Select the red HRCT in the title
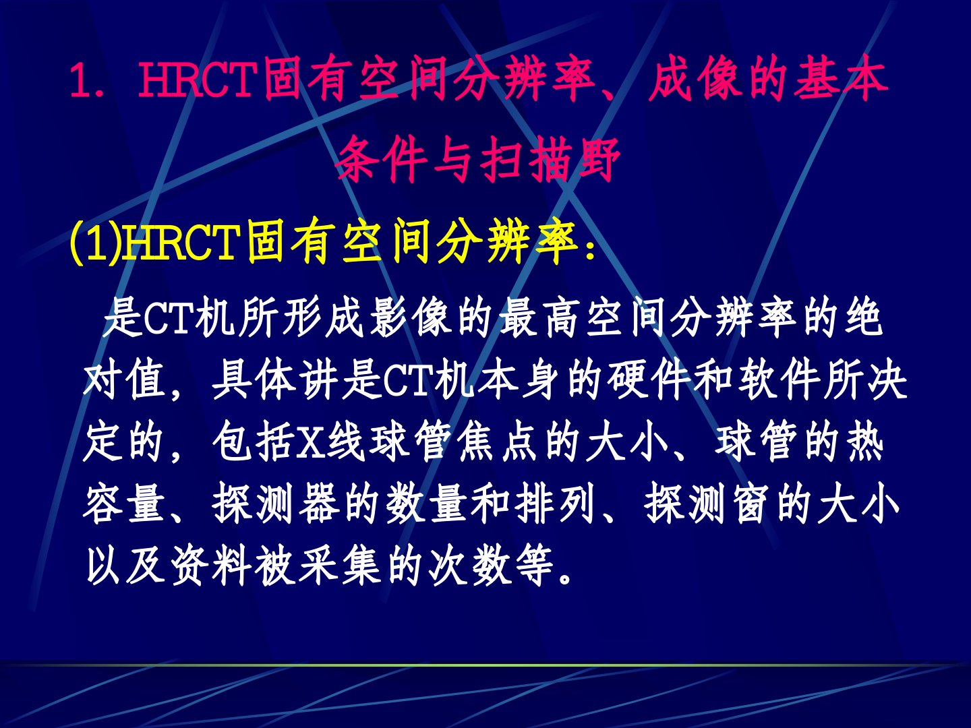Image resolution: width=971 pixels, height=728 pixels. click(x=198, y=80)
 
